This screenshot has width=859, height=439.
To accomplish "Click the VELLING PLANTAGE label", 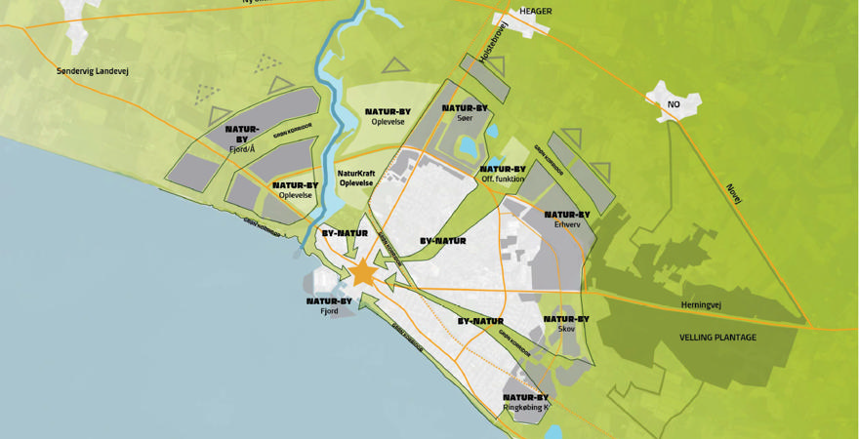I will pos(717,338).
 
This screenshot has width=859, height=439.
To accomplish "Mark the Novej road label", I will pos(735,193).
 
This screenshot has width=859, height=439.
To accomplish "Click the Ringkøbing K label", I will pos(526,408).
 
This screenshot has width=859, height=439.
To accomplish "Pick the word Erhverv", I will pos(567,224).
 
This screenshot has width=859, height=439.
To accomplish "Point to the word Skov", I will pos(566,329).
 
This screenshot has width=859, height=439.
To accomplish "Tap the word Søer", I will pos(465,118).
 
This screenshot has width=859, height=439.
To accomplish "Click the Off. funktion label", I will pos(503,179).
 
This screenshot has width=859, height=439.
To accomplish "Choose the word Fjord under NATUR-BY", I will pos(329,311).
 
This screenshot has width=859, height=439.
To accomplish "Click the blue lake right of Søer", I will pos(468,146).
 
